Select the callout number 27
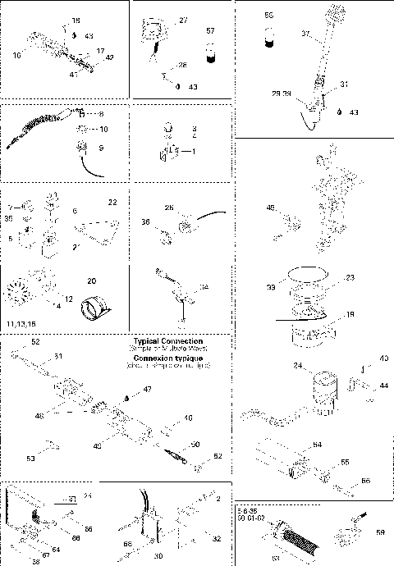click(183, 19)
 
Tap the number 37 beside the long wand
click(305, 34)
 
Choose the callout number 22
click(112, 202)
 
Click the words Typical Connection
click(168, 340)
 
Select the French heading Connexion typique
click(168, 357)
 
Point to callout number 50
click(195, 444)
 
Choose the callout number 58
click(379, 532)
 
